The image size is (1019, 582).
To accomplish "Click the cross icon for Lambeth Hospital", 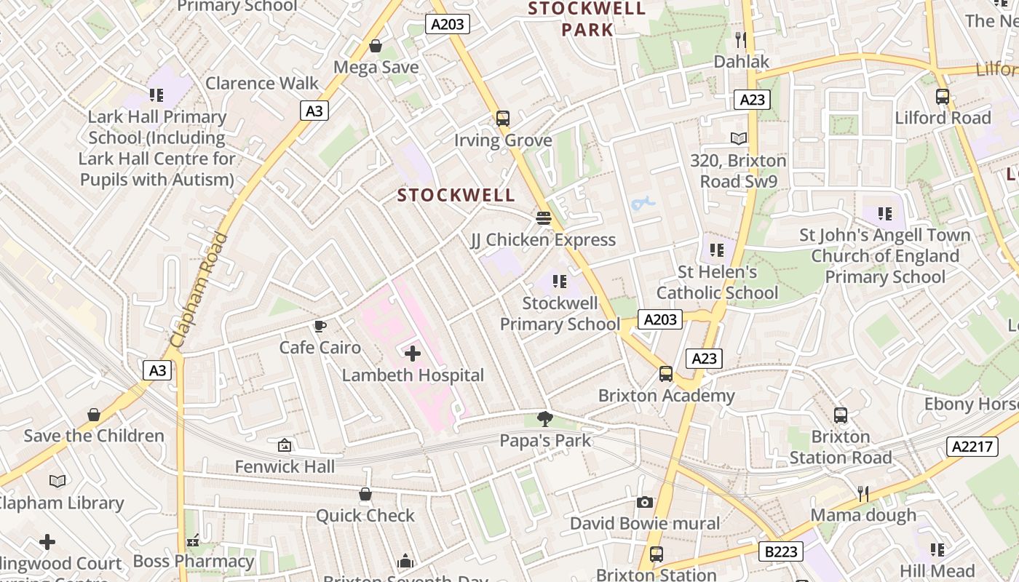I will point(413,354).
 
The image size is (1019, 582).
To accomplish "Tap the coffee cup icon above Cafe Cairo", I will point(320,326).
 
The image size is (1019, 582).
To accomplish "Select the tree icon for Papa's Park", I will point(544,418).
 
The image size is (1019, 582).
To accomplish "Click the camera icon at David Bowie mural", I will point(644,502).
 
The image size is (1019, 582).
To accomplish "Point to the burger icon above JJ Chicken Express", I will point(543,218).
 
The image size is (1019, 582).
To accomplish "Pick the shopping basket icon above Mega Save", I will point(376,46).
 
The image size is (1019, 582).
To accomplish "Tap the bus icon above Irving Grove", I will point(502,118).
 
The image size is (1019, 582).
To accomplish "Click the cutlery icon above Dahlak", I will point(741,39).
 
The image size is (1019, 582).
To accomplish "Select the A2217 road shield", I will point(972,446).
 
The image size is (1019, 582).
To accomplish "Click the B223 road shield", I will point(781,552).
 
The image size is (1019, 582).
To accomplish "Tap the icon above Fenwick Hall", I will point(285,445).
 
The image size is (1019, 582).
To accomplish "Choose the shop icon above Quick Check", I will point(365,495).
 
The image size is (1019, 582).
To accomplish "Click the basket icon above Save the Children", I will point(94,415).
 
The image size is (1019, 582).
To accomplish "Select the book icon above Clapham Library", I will point(58,481).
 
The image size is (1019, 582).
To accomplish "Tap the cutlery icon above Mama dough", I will point(863,494).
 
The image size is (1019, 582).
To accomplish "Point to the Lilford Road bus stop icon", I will point(943,96).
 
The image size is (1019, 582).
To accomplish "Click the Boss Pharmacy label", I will point(194,562).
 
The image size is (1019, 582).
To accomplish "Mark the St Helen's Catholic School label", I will point(717,282).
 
